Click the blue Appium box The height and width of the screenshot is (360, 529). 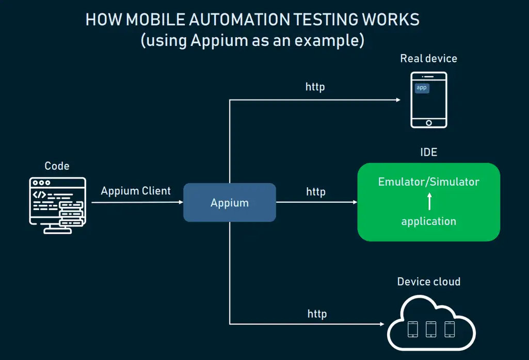point(230,203)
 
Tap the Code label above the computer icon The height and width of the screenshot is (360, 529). point(57,166)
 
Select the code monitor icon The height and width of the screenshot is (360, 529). point(57,205)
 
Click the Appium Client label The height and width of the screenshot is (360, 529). point(136,191)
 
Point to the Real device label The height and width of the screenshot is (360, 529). point(428,58)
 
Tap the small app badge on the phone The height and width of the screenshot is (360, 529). point(422,88)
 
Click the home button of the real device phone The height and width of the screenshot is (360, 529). point(428,123)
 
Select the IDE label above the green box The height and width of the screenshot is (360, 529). point(429,152)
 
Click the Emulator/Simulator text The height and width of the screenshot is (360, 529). point(428,182)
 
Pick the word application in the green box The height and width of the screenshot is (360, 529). point(428,221)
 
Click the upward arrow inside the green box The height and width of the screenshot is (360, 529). point(429,201)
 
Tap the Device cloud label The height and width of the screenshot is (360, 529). point(428,282)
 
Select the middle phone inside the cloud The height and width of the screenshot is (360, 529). point(431,329)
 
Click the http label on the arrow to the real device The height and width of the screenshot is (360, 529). point(315,87)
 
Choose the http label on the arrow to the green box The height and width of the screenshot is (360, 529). point(316,192)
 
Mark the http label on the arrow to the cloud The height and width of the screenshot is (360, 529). point(317,314)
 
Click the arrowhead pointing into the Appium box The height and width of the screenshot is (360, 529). point(181,203)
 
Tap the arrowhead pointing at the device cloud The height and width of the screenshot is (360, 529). point(382,324)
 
